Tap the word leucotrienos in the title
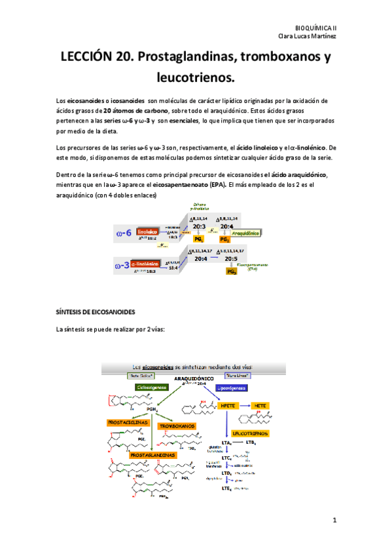click(x=195, y=78)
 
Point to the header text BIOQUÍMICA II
click(x=315, y=28)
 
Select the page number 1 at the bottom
click(x=334, y=521)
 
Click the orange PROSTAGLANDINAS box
click(x=152, y=454)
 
